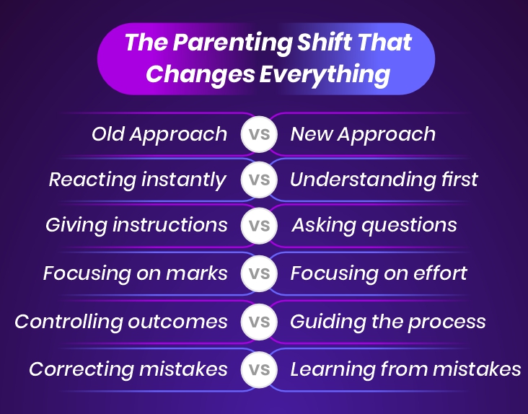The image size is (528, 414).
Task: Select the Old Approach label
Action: click(159, 134)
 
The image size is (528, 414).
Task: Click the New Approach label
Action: click(363, 134)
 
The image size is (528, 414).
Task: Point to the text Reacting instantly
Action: click(138, 180)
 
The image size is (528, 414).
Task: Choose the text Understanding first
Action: click(384, 180)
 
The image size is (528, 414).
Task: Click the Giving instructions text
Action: click(136, 225)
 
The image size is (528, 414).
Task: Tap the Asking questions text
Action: click(374, 225)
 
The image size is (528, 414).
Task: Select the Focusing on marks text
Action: click(136, 273)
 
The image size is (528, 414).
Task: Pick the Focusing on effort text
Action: click(379, 273)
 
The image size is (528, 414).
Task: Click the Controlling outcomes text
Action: click(121, 322)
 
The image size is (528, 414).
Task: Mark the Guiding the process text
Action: click(387, 322)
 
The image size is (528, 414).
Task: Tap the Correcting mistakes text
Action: click(128, 370)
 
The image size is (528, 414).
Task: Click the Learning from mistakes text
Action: click(405, 370)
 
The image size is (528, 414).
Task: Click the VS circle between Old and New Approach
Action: click(259, 135)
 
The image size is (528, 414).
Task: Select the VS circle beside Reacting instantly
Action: click(259, 180)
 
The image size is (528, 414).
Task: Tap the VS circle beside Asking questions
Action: click(259, 226)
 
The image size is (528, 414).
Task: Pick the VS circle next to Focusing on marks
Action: click(259, 274)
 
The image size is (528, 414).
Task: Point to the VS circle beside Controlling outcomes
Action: click(259, 322)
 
